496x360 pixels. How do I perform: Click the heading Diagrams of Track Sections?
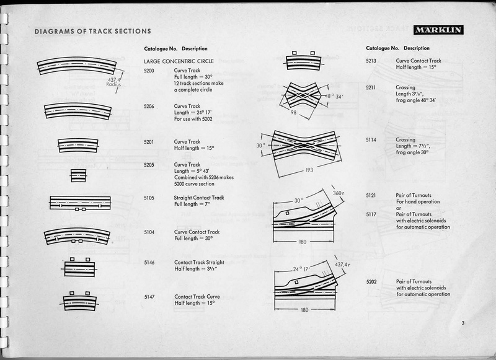click(92, 32)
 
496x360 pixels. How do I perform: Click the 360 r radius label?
click(338, 193)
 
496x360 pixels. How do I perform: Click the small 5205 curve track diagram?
click(77, 175)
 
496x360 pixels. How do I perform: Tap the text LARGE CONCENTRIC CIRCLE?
click(179, 61)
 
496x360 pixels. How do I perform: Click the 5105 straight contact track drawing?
click(80, 203)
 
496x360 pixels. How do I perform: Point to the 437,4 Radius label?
click(113, 83)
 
